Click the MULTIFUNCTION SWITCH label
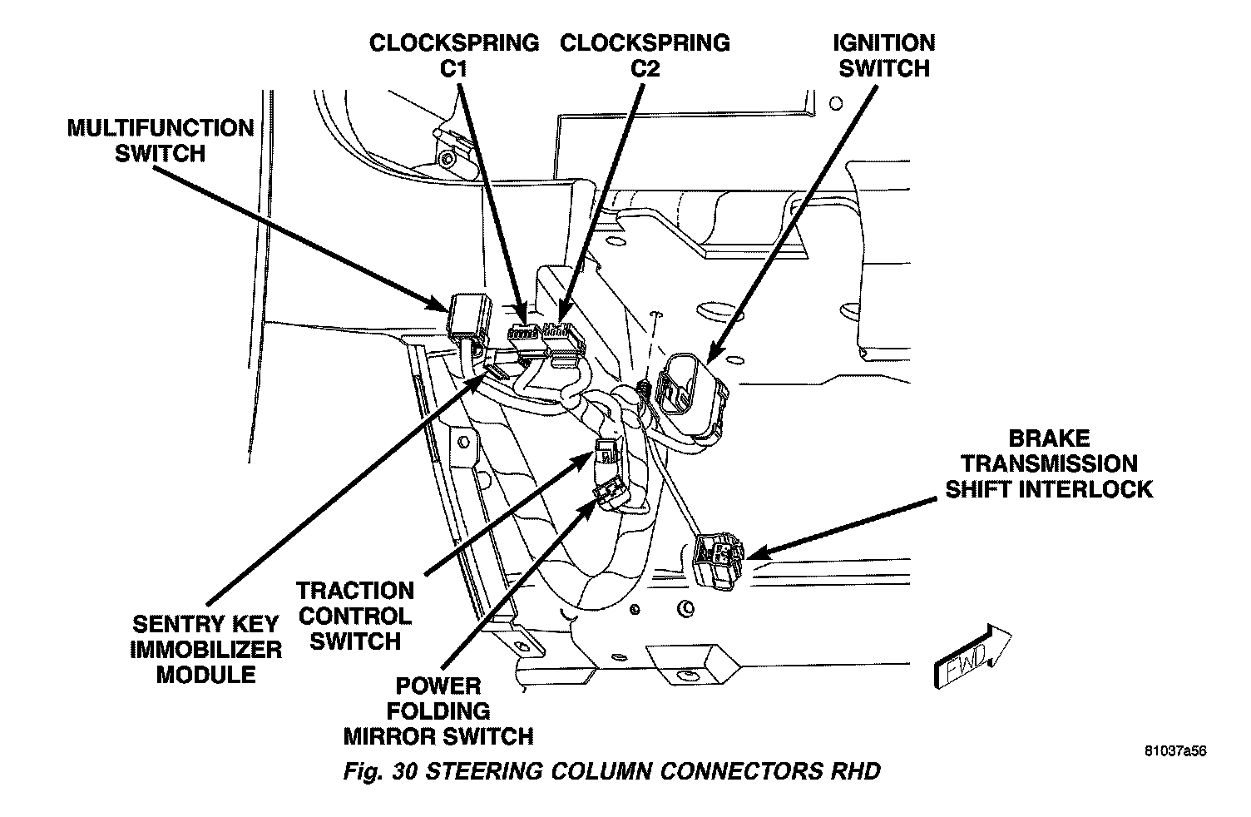point(160,141)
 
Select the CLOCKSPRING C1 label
point(454,55)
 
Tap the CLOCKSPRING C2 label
point(645,55)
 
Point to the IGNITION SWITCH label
point(883,55)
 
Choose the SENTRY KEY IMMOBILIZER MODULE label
point(206,649)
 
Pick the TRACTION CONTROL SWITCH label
point(355,616)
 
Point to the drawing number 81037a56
point(1174,750)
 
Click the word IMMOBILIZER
point(206,649)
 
